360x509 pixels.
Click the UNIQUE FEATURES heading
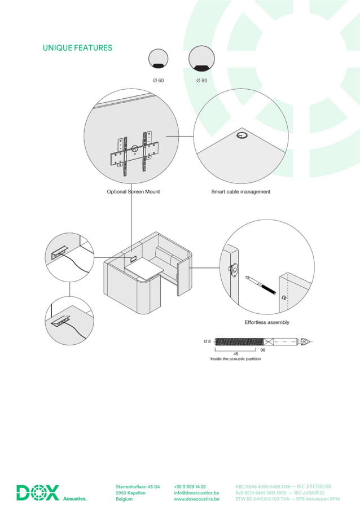click(x=77, y=48)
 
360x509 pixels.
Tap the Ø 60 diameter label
click(x=158, y=81)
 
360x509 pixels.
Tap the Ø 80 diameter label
click(x=201, y=81)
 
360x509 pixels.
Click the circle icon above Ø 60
click(x=159, y=59)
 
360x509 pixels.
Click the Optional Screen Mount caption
click(x=133, y=192)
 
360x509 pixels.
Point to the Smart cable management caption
click(x=240, y=192)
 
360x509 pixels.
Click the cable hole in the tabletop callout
click(x=242, y=135)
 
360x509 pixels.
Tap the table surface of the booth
click(x=143, y=269)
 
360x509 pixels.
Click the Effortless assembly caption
click(x=266, y=323)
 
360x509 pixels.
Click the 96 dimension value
click(x=263, y=350)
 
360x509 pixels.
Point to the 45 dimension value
click(x=235, y=354)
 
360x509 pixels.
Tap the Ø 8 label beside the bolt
click(x=207, y=341)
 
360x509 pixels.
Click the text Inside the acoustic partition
click(x=235, y=359)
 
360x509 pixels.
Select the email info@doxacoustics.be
click(x=196, y=493)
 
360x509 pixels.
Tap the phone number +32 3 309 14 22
click(x=190, y=486)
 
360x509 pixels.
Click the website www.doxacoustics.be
click(x=196, y=499)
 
